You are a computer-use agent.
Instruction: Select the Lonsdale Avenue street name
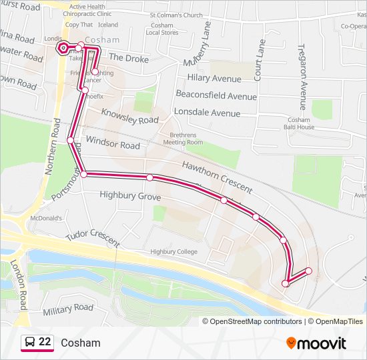(x=207, y=113)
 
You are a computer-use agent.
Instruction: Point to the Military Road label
(x=68, y=309)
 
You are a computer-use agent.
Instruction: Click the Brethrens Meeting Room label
(x=182, y=138)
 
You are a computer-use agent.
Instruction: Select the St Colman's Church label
(x=175, y=14)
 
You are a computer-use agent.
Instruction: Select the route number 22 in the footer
(x=45, y=342)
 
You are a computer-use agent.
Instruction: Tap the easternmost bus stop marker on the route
(x=308, y=271)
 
